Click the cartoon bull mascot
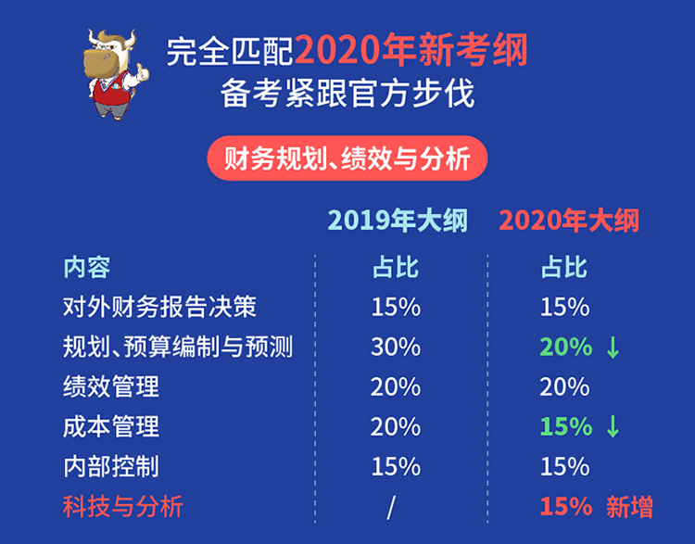pos(116,74)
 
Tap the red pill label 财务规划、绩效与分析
pos(347,158)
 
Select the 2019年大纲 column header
pos(398,220)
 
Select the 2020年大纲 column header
pos(569,220)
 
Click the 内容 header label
pos(87,267)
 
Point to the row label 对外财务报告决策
pos(159,307)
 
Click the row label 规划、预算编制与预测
pos(178,347)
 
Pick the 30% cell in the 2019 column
pos(396,347)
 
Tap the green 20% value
pos(566,347)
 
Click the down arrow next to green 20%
pos(613,348)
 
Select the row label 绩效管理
pos(111,386)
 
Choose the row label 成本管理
pos(111,426)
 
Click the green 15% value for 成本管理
pos(566,426)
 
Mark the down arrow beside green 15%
pos(613,427)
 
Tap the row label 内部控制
pos(111,466)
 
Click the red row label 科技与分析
pos(122,506)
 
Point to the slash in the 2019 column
pos(391,508)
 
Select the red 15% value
pos(566,506)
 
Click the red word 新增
pos(629,507)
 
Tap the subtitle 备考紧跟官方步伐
pos(347,94)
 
